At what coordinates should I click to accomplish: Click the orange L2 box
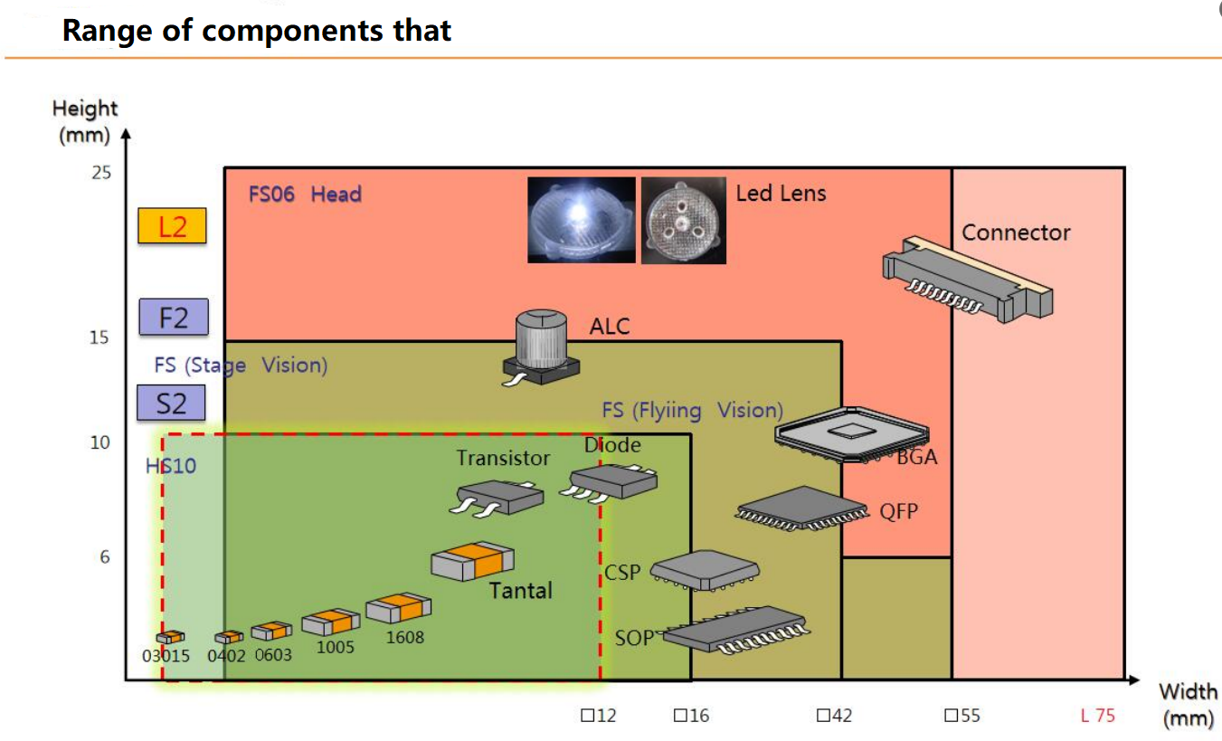click(x=172, y=225)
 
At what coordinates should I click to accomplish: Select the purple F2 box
click(x=174, y=317)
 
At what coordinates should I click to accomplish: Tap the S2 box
click(x=171, y=403)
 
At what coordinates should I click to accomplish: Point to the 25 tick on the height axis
click(x=101, y=173)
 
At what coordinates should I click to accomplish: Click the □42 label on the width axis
click(x=834, y=716)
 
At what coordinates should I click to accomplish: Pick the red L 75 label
click(x=1097, y=716)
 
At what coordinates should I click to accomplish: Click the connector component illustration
click(x=967, y=279)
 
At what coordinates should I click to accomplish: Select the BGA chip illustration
click(x=852, y=435)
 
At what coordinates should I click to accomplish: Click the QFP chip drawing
click(x=801, y=508)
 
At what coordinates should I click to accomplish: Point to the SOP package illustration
click(x=735, y=631)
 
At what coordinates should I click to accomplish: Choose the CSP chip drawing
click(x=705, y=570)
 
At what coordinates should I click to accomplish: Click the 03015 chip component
click(x=170, y=637)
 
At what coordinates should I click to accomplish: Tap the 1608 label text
click(x=405, y=637)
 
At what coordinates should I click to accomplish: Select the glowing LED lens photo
click(x=582, y=220)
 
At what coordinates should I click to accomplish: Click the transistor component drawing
click(x=497, y=498)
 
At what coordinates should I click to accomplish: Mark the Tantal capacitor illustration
click(x=472, y=560)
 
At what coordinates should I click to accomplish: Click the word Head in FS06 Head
click(x=336, y=195)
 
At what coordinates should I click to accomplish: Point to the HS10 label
click(x=171, y=466)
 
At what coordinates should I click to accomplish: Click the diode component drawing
click(x=609, y=482)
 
